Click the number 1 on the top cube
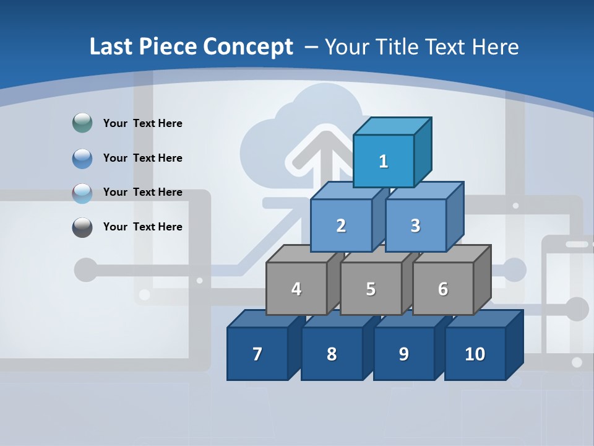[x=384, y=162]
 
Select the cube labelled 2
[x=341, y=225]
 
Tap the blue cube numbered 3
[x=415, y=225]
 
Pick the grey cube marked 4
[x=296, y=289]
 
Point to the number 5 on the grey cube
[x=371, y=289]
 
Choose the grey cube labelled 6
[x=443, y=289]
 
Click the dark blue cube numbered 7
[x=257, y=354]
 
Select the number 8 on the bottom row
[x=332, y=354]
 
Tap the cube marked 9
[x=403, y=354]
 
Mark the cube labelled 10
[x=475, y=354]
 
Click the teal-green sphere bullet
[x=82, y=123]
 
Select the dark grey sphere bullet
[x=82, y=227]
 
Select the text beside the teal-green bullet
[x=143, y=123]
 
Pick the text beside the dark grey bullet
[x=143, y=227]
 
